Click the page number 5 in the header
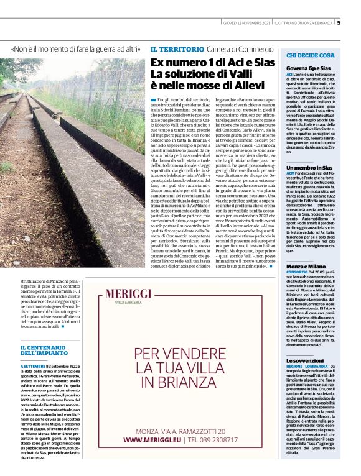(339, 23)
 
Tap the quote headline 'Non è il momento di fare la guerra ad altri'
(75, 48)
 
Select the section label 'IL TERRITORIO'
(177, 48)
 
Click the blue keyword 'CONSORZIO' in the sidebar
(298, 272)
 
